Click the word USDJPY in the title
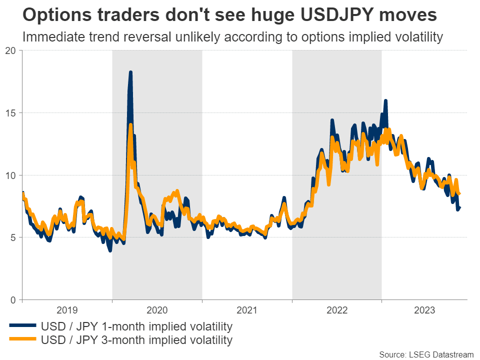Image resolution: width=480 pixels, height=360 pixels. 324,15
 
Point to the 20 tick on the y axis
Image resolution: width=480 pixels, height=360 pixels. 11,50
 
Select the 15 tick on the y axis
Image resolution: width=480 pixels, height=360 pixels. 11,113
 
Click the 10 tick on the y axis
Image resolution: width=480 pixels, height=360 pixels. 11,175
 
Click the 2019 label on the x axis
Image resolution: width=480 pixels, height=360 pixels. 67,309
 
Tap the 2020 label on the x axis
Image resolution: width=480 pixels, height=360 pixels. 157,309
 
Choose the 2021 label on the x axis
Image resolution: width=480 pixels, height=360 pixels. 247,309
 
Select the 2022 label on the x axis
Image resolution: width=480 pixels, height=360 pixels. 337,309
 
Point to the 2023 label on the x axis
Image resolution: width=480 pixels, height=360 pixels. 424,309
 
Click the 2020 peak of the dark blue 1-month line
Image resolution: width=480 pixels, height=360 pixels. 130,72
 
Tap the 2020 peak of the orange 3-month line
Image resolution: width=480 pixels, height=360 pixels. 130,125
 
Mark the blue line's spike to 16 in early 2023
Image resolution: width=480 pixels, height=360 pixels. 385,101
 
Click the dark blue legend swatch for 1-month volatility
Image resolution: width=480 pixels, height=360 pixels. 23,327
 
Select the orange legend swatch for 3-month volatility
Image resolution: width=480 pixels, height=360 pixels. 23,340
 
